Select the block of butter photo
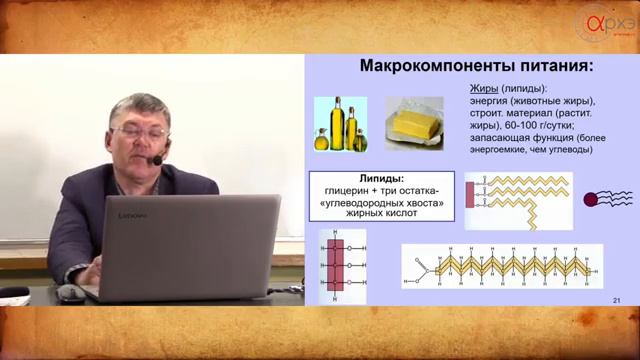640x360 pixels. coord(414,124)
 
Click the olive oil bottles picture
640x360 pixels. coord(340,124)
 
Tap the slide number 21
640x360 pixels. coord(616,302)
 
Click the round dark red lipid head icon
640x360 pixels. coord(591,198)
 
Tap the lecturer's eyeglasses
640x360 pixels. coord(141,131)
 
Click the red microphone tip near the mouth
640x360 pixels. coord(157,160)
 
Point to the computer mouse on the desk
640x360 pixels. coord(70,293)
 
